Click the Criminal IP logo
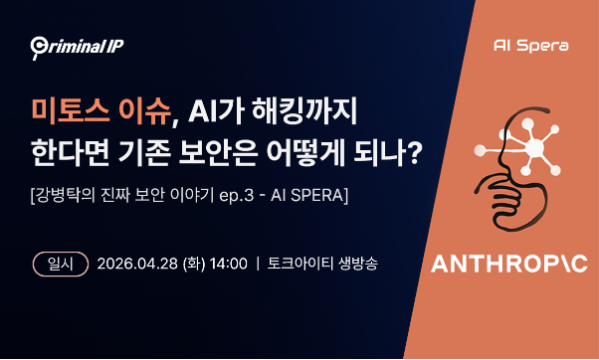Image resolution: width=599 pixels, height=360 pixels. [77, 45]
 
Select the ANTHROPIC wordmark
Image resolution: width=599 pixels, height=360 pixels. [508, 265]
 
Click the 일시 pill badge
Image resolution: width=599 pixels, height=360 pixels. [58, 265]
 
